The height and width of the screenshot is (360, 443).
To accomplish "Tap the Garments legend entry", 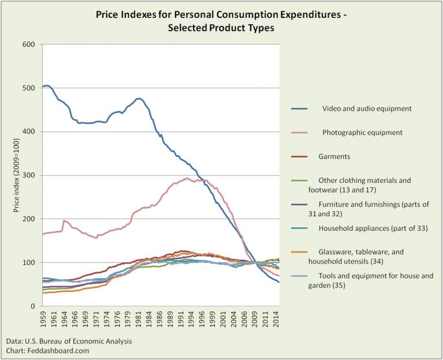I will (334, 156).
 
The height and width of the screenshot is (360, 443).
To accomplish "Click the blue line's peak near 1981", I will (138, 98).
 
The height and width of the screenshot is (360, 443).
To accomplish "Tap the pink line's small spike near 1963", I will (63, 220).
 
